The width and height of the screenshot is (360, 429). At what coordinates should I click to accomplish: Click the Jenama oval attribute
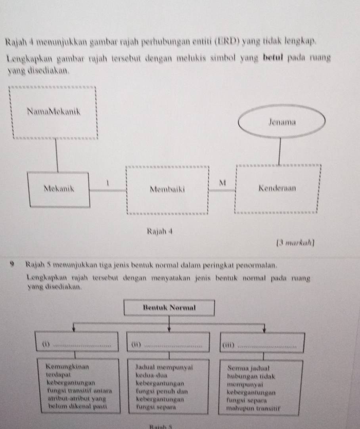pos(282,121)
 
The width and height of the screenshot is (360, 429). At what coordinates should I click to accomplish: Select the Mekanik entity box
pos(59,190)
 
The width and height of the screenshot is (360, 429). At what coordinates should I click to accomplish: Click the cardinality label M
pos(222,182)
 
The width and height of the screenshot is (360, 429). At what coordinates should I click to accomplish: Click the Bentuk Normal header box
pos(169,307)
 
